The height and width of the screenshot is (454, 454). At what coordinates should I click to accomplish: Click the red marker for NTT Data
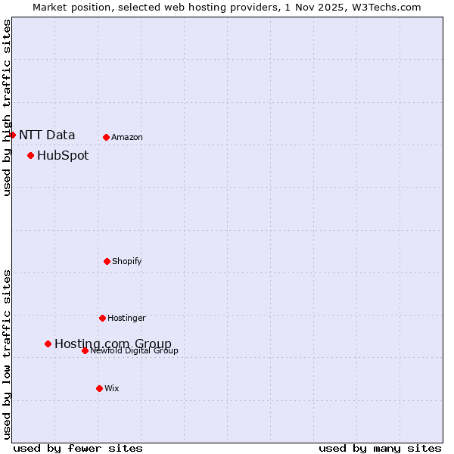point(12,135)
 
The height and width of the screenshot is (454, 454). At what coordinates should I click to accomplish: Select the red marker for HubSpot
point(30,155)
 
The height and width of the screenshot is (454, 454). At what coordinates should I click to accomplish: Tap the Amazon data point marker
point(106,137)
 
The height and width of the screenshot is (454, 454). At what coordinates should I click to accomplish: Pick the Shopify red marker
point(107,261)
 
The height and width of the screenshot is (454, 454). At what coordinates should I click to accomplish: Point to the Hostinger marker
point(102,318)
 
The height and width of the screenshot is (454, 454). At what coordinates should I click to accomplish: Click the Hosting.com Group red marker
point(48,344)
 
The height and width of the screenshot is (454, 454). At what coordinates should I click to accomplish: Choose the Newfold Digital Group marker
point(85,350)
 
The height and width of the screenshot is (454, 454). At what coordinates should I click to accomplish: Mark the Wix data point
point(99,388)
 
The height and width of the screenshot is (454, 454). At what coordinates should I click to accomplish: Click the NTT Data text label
point(47,135)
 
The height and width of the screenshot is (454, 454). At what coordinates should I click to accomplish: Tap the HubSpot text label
point(63,155)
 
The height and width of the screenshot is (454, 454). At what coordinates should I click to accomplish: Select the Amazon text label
point(127,137)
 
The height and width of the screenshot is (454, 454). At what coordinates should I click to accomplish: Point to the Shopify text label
point(127,261)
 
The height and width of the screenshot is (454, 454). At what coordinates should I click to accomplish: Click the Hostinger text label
point(126,318)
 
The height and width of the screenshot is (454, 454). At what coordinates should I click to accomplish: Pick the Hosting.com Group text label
point(113,344)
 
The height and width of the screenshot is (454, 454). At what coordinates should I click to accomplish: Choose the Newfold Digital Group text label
point(135,350)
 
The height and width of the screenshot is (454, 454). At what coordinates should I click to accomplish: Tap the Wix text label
point(112,388)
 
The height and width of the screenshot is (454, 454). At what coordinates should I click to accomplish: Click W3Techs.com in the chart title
point(384,7)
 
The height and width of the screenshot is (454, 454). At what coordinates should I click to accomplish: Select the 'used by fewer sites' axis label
point(78,448)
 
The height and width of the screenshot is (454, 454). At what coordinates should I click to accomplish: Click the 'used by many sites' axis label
point(380,448)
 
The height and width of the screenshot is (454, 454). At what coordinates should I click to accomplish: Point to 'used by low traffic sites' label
point(7,354)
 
